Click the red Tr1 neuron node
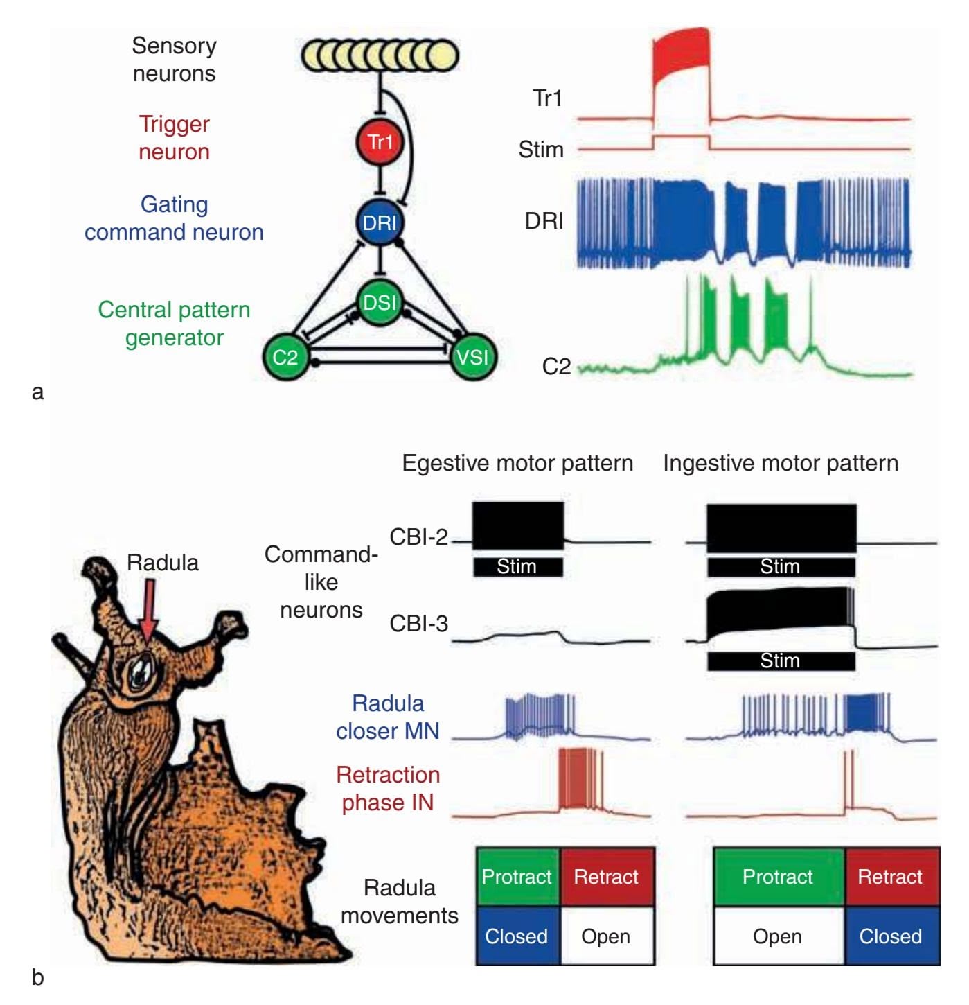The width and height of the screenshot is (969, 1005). (x=380, y=142)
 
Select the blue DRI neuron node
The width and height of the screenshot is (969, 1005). (x=380, y=222)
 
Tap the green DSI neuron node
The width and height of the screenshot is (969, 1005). (x=380, y=303)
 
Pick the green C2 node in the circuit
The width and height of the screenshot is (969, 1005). (x=285, y=358)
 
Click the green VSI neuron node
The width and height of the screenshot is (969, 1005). (x=472, y=358)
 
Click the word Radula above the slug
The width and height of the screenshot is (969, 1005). (x=163, y=563)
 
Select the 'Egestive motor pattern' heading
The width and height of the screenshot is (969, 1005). (x=517, y=463)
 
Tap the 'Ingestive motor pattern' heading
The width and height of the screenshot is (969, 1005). (x=781, y=463)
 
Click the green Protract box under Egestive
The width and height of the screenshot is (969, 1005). (x=517, y=877)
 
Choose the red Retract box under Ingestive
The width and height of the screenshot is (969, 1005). (x=891, y=877)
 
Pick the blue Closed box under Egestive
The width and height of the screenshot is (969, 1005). (x=517, y=936)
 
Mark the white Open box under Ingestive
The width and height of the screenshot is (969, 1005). (x=778, y=936)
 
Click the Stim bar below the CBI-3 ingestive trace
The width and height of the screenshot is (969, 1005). (x=781, y=661)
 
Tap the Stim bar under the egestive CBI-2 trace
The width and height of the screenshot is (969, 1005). (x=517, y=567)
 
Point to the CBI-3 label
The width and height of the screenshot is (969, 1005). (x=418, y=624)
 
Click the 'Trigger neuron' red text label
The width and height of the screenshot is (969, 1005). (x=174, y=137)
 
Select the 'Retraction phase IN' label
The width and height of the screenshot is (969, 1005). (x=388, y=789)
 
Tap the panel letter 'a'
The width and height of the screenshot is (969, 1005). (x=38, y=392)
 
